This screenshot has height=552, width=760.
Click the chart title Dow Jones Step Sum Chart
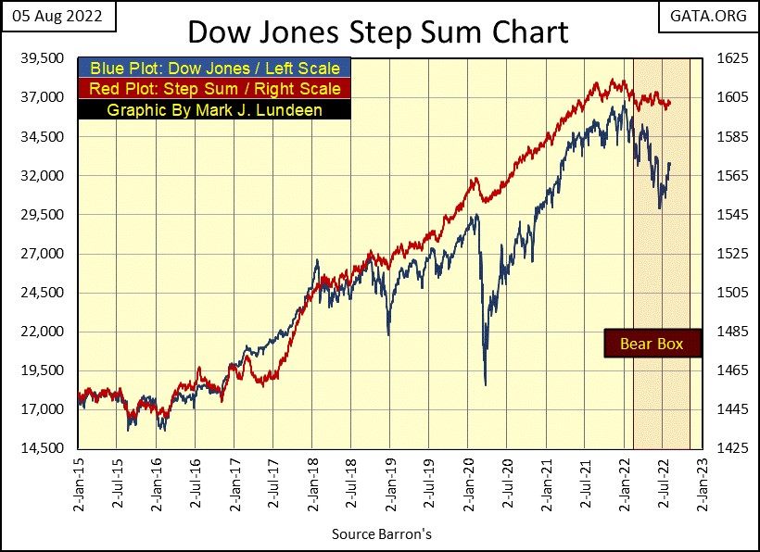point(377,31)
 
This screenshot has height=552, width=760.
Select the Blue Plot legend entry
point(214,69)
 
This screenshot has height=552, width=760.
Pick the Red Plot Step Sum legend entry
point(214,89)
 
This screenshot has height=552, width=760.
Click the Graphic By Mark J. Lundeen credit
point(214,109)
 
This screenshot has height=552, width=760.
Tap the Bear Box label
point(651,344)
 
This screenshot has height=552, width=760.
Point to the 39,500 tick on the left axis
point(41,58)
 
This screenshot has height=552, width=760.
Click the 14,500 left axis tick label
point(41,449)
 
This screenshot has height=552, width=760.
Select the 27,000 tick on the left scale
point(41,254)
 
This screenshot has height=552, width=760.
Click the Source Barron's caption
point(381,534)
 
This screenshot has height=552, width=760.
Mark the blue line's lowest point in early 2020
point(486,384)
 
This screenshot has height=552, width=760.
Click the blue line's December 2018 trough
point(388,334)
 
